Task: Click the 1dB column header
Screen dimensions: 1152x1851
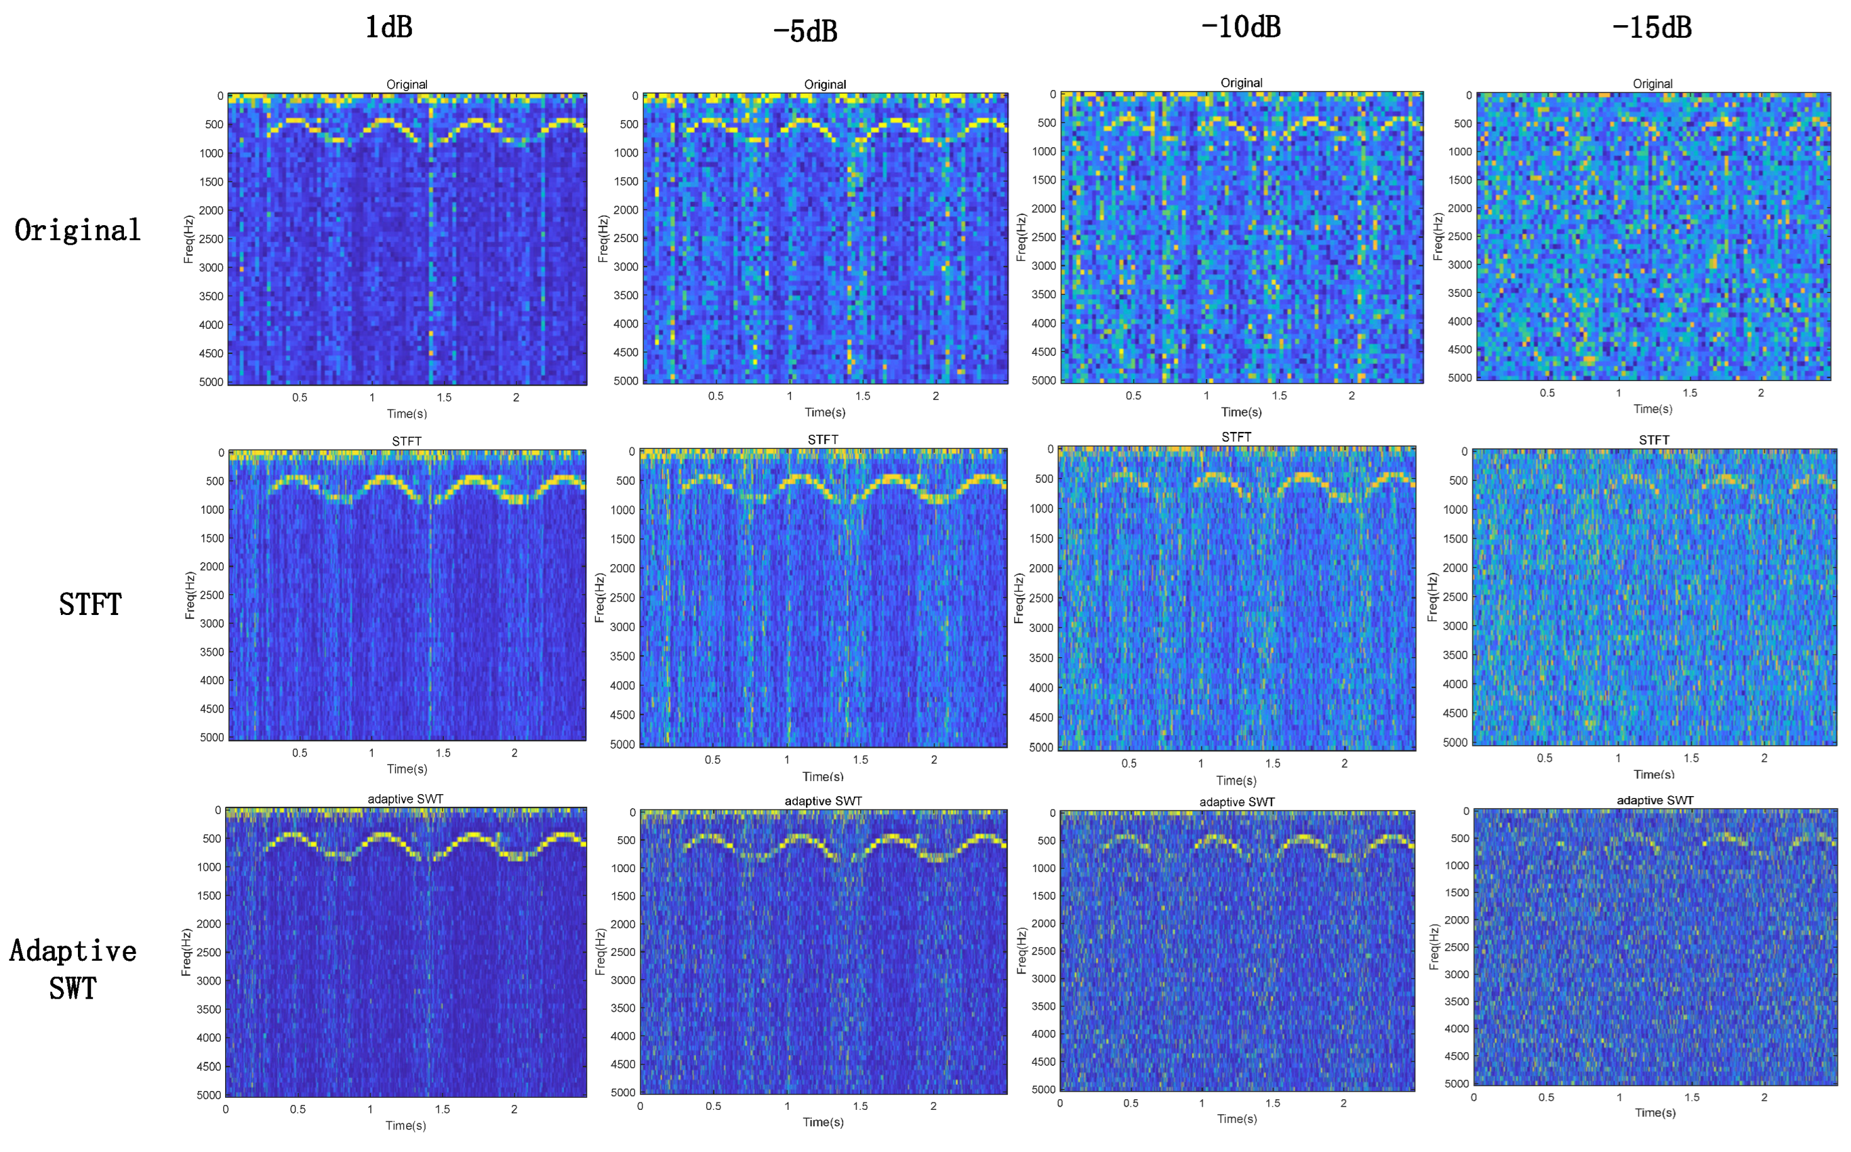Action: [x=389, y=28]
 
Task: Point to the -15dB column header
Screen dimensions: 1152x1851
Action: [x=1652, y=28]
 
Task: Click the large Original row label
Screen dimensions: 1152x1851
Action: [x=78, y=230]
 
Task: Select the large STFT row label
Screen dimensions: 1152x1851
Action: [x=90, y=604]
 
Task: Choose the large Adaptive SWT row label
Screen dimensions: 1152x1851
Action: [x=73, y=969]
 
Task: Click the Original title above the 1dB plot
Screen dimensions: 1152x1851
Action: [x=407, y=84]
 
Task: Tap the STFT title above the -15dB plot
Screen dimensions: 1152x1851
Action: [x=1654, y=440]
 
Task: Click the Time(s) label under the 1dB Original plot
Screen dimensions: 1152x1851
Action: [x=407, y=414]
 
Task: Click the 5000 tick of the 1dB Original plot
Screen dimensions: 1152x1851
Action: [x=211, y=382]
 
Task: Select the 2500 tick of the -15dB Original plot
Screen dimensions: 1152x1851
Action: [x=1459, y=236]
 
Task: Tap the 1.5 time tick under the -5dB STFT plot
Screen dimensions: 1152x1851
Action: [x=860, y=760]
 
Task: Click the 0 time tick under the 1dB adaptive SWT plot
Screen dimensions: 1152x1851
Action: [x=226, y=1109]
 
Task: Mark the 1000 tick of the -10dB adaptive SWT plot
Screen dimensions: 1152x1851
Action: [x=1043, y=868]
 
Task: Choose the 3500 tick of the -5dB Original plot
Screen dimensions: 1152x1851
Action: [x=626, y=295]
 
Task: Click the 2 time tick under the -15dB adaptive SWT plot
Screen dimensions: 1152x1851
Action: [x=1764, y=1097]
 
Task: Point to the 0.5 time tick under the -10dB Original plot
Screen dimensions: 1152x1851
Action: [x=1134, y=396]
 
